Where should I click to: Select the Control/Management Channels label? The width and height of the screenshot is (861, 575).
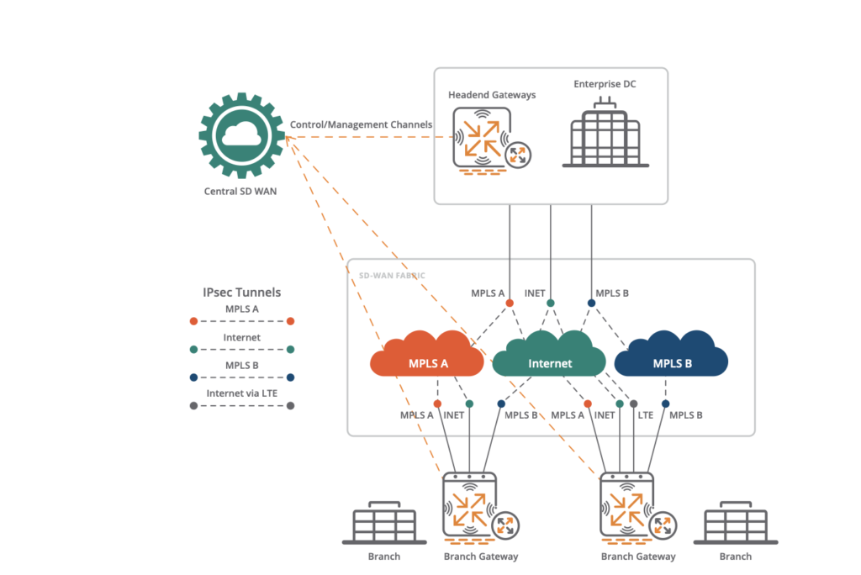(361, 124)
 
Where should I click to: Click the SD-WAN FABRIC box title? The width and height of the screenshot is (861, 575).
(386, 275)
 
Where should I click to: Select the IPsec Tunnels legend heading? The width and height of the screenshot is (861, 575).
(242, 293)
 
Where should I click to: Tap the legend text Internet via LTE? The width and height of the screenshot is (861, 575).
(242, 393)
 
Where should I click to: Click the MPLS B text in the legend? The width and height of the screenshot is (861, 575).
(242, 365)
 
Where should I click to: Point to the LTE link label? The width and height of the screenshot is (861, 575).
(646, 415)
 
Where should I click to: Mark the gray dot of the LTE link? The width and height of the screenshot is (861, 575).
(634, 404)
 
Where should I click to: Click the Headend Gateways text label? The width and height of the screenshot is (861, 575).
(491, 95)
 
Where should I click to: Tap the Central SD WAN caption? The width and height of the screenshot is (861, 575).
(240, 191)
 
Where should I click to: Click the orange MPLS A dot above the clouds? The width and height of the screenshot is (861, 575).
(510, 303)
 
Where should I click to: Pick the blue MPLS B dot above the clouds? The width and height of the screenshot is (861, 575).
(591, 303)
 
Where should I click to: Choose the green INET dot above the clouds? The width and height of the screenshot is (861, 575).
(551, 303)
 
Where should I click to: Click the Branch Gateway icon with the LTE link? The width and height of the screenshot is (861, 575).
(626, 509)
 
